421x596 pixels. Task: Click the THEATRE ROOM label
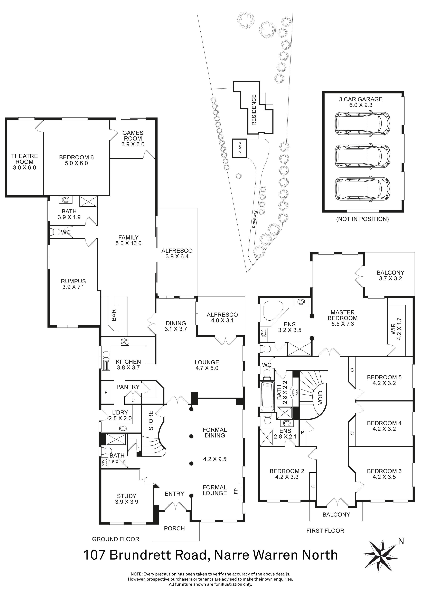pos(24,159)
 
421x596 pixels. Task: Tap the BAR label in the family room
pos(114,315)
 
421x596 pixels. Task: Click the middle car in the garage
pos(362,156)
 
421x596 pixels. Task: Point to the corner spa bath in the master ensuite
pos(273,311)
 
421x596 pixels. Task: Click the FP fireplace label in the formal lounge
pos(236,491)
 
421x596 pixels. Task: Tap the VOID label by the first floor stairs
pos(320,397)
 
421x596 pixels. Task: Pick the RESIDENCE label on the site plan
pos(254,110)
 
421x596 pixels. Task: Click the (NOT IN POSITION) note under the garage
pos(362,219)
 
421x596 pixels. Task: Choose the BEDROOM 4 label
pos(384,423)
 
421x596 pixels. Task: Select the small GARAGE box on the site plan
pos(239,148)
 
